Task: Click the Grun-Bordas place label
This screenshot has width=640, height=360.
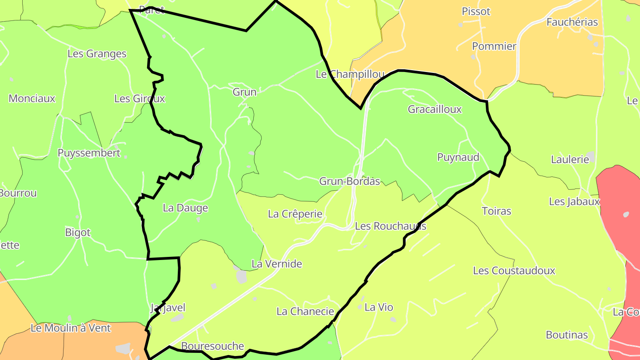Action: tap(350, 181)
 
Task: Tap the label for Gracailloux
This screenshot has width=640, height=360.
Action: tap(435, 109)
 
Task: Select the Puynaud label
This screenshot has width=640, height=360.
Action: tap(458, 157)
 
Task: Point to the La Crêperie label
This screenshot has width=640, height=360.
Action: tap(295, 214)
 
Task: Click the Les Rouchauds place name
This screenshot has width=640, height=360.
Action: tap(391, 226)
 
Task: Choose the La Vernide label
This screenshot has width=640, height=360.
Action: tap(276, 264)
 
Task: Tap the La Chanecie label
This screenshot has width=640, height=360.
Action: tap(305, 312)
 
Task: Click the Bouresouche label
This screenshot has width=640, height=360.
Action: tap(212, 346)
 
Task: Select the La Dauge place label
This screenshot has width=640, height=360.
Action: tap(185, 208)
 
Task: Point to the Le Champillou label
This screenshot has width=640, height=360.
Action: tap(350, 75)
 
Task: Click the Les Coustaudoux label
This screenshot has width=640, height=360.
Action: tap(514, 271)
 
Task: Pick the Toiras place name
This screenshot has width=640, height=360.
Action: tap(496, 211)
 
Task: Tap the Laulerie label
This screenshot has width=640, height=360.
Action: tap(569, 160)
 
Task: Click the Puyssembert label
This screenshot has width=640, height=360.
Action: tap(89, 153)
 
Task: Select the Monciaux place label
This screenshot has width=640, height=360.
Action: tap(32, 99)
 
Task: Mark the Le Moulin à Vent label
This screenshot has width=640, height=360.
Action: tap(71, 328)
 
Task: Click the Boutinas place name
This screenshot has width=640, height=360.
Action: tap(567, 335)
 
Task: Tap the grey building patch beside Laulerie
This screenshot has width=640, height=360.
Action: tap(591, 157)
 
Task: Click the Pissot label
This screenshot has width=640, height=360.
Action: tap(476, 12)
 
